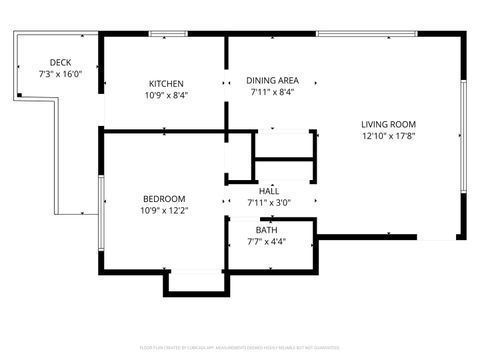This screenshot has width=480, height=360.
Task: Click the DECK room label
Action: point(60,62)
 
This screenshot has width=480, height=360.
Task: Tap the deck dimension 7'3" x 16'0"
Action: point(60,74)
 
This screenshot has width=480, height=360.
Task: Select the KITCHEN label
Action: point(166,83)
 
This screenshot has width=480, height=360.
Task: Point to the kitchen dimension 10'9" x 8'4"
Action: point(166,95)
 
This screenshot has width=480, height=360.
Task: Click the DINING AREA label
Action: point(272,80)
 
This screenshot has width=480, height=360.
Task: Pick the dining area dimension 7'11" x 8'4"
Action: point(272,92)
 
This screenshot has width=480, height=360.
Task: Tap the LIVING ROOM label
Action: point(389,125)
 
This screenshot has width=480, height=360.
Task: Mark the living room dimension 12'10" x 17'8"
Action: point(389,137)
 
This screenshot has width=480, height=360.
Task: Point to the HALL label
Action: point(269,190)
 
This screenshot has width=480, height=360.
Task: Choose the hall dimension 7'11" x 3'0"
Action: point(269,202)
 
